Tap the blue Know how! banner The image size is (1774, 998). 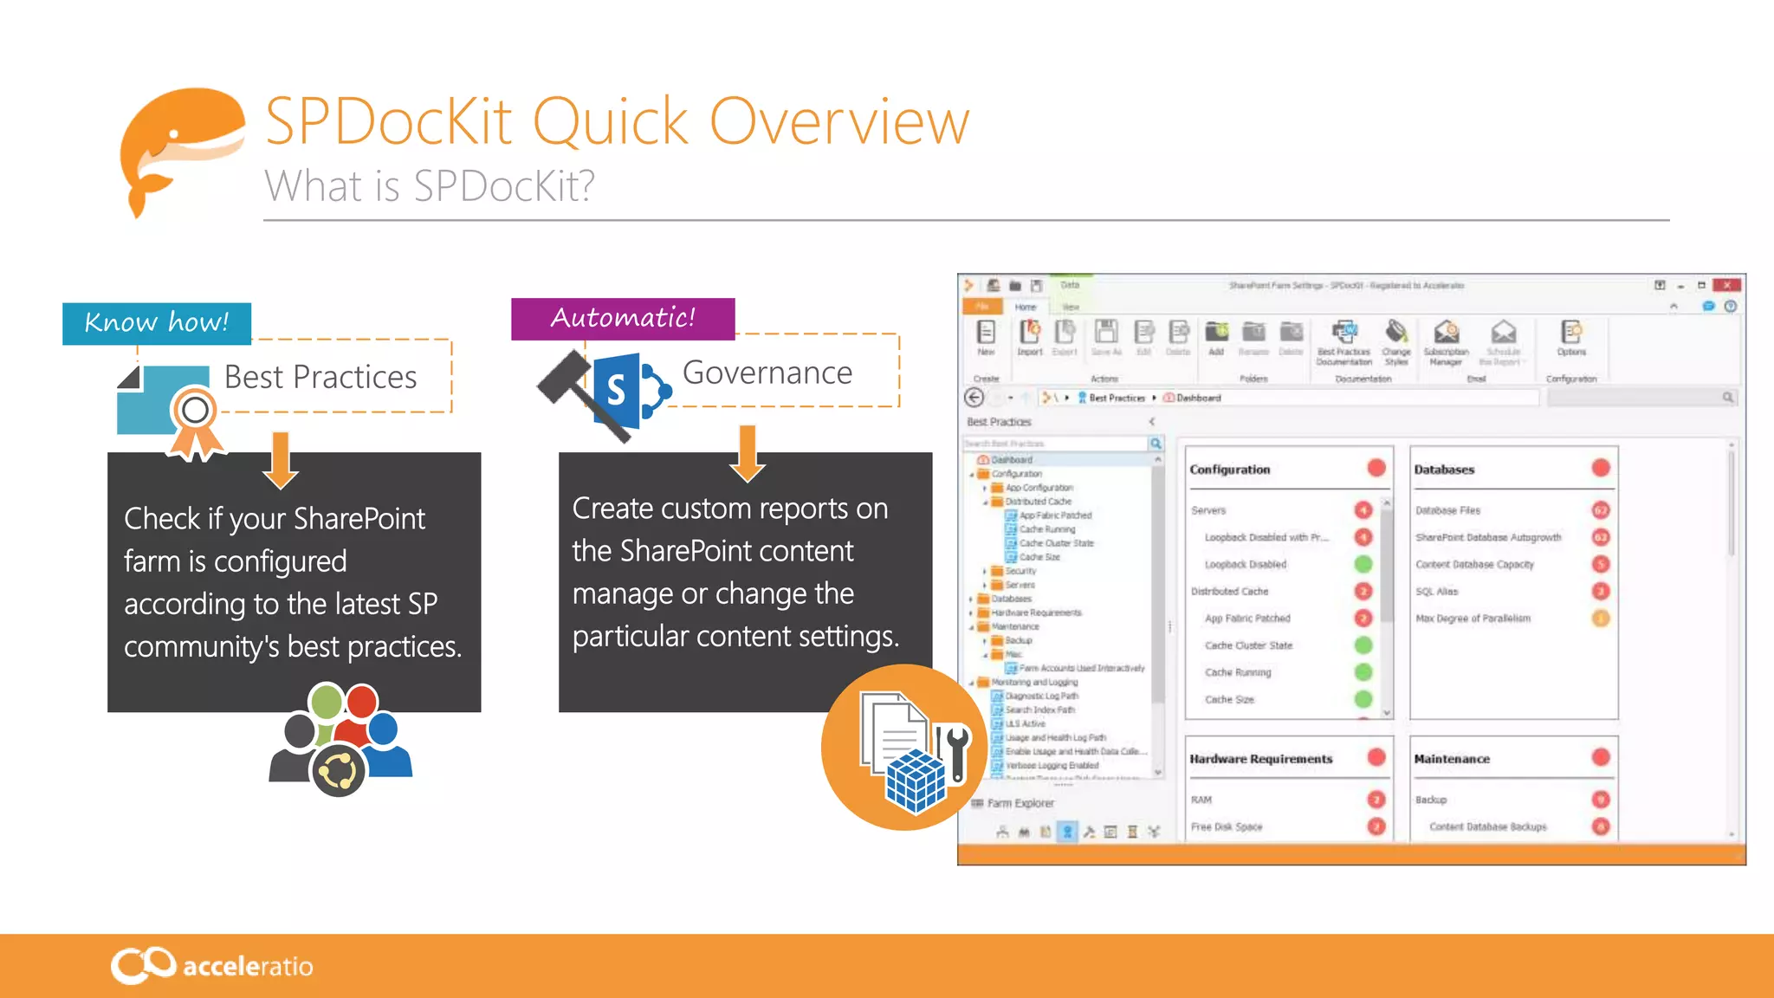[157, 323]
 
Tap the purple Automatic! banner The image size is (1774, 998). [623, 318]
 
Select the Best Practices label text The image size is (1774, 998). [320, 378]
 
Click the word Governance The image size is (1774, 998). [767, 373]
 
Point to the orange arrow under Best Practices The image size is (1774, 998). [280, 460]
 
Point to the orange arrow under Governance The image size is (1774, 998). [748, 453]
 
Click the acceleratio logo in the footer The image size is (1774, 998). [212, 965]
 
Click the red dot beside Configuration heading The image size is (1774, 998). [1376, 469]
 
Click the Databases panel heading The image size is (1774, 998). [1444, 470]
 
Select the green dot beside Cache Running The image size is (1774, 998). [1363, 672]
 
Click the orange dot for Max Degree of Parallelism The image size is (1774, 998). [1601, 619]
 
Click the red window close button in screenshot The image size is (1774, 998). [1726, 285]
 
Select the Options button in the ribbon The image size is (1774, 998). [1571, 338]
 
